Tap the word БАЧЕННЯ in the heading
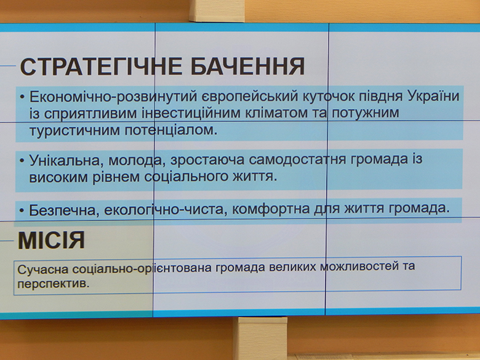click(248, 66)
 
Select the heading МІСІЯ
click(51, 241)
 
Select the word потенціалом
click(171, 130)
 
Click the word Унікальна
click(64, 161)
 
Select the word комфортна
click(271, 209)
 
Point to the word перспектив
click(54, 284)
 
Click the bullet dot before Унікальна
click(22, 161)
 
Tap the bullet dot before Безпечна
click(22, 211)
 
